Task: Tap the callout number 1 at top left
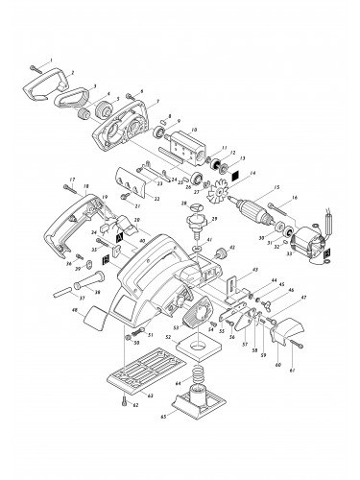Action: pos(32,60)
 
